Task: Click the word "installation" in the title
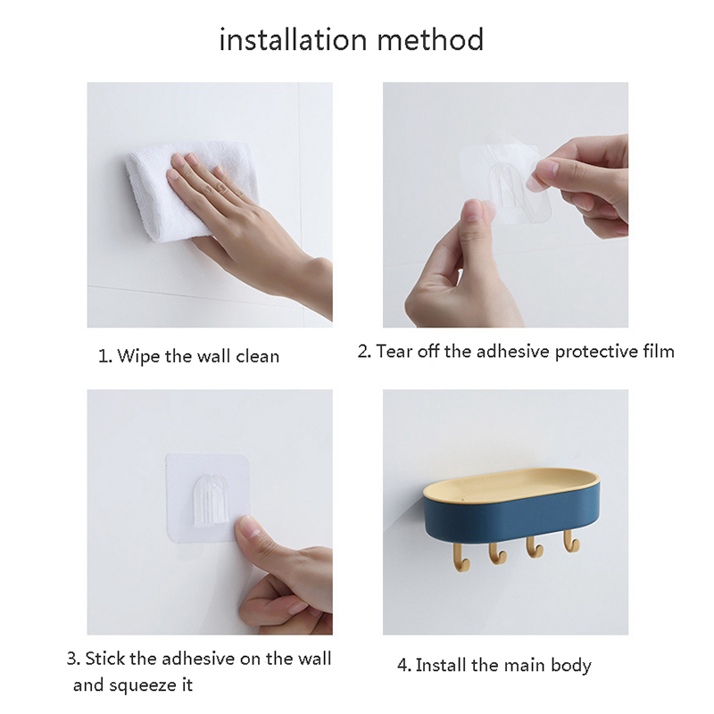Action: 294,39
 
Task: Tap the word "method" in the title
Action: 430,39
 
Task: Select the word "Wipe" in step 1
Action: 139,356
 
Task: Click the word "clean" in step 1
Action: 257,356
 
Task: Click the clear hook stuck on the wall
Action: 210,500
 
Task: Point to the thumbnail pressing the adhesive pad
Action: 247,527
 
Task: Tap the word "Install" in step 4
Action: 441,665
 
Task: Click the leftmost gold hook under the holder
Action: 461,557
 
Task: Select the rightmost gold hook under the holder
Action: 570,541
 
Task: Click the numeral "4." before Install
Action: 403,666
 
